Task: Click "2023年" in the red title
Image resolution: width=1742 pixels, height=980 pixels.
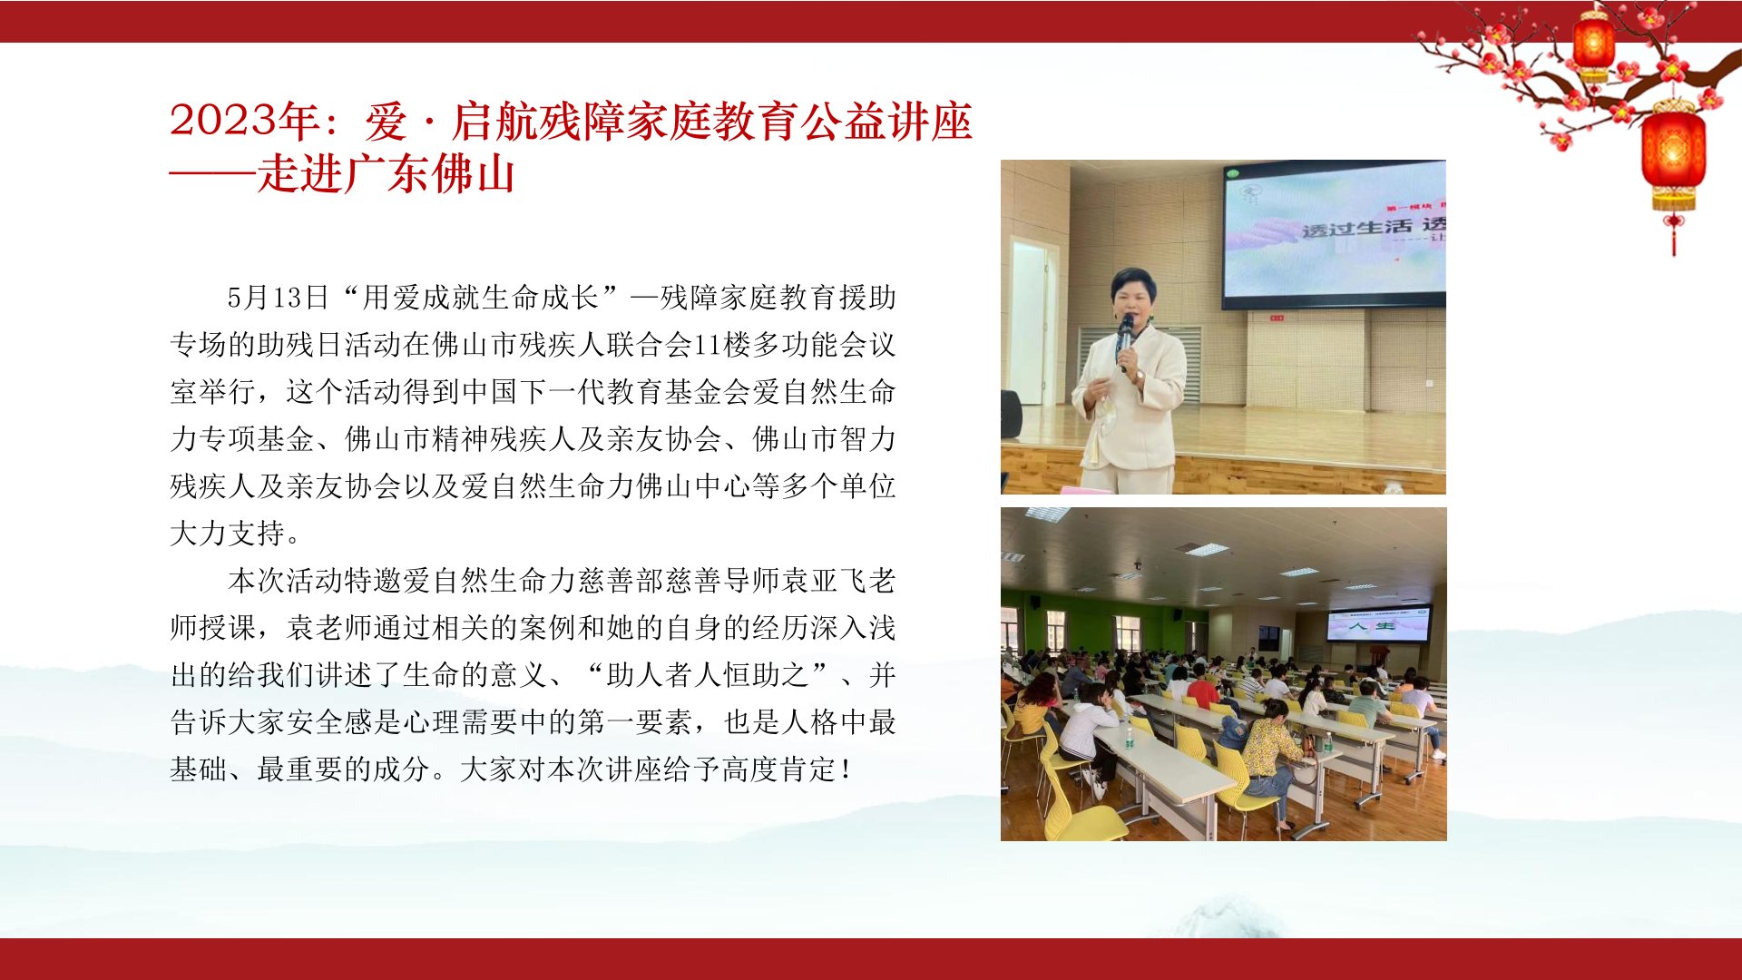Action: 243,121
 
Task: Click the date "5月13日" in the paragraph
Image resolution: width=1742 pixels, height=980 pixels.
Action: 278,297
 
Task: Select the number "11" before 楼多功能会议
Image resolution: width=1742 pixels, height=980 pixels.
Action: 708,345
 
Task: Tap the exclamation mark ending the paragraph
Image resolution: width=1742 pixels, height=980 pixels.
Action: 846,769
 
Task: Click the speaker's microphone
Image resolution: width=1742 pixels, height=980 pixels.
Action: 1125,336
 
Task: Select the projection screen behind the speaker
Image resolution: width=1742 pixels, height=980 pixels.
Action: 1334,234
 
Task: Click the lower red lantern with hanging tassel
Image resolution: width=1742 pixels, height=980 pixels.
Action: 1673,163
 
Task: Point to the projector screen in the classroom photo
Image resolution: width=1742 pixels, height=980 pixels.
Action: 1378,624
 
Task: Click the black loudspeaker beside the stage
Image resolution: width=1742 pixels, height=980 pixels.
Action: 1011,415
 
